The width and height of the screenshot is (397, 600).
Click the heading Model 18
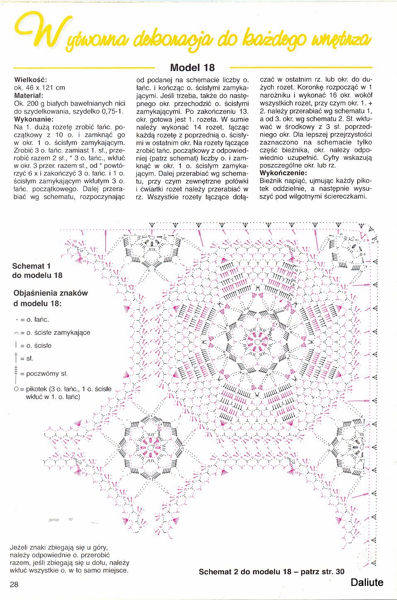point(192,68)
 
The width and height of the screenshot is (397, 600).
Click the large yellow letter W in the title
point(47,31)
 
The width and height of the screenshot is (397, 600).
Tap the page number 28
point(14,585)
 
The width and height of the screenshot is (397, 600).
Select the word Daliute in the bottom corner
point(367,582)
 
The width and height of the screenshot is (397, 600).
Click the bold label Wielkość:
point(31,80)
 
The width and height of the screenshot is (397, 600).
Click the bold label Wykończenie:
point(283,173)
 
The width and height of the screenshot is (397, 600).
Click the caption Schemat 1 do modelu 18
point(37,271)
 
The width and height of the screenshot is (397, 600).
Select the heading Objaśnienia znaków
point(51,293)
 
